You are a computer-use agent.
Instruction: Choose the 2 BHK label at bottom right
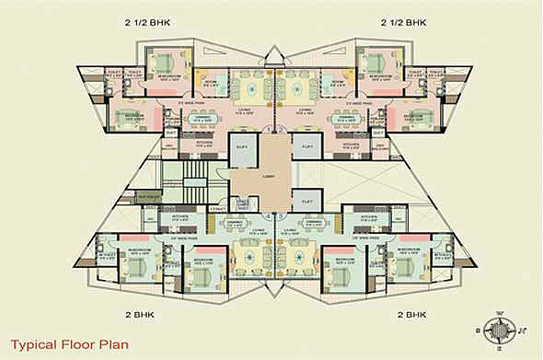coord(411,314)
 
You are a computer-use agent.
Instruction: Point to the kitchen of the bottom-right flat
coord(367,221)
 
